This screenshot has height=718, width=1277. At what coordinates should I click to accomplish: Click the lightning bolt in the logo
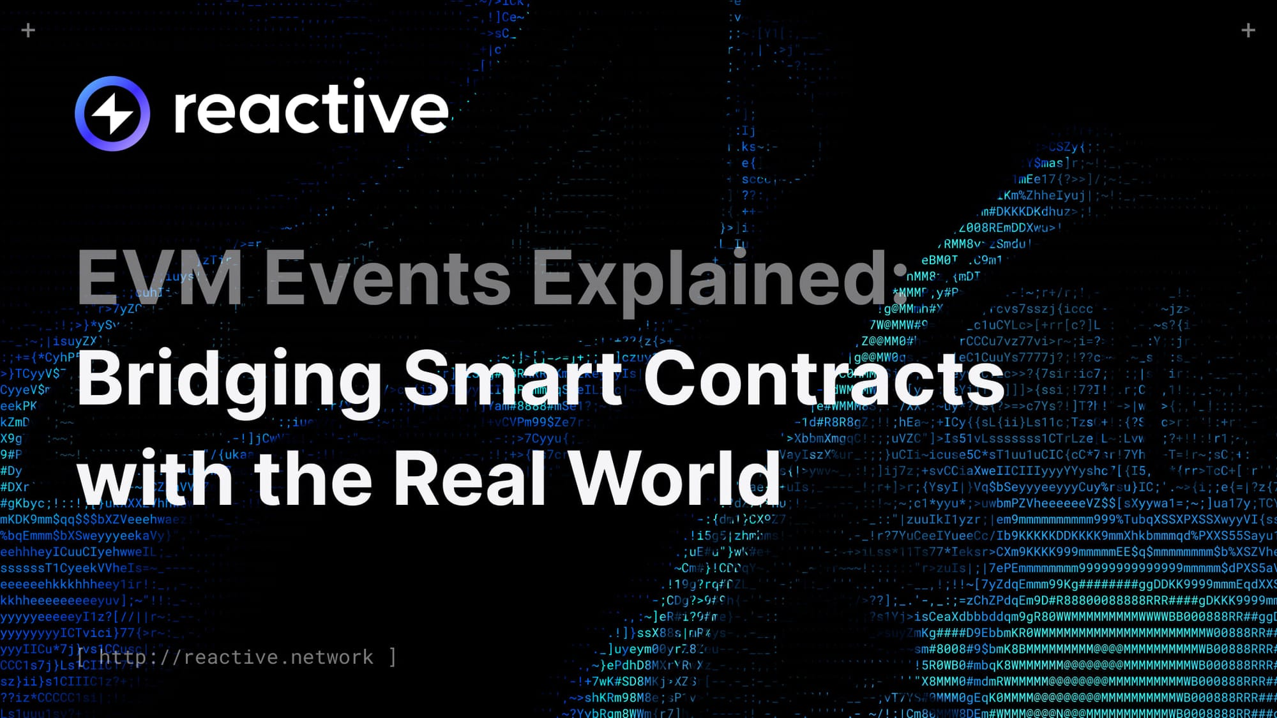tap(112, 114)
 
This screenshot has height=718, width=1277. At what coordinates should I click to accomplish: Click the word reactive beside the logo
tap(311, 110)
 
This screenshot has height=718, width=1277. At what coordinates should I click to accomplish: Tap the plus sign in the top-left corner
tap(28, 30)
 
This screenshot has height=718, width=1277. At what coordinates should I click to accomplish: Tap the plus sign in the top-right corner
tap(1248, 30)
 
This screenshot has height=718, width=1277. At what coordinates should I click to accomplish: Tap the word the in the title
tap(313, 479)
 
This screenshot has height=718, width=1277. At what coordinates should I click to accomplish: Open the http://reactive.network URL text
tap(236, 657)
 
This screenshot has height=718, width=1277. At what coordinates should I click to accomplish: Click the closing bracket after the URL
tap(393, 657)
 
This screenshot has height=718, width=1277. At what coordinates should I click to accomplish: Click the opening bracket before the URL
tap(80, 657)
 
